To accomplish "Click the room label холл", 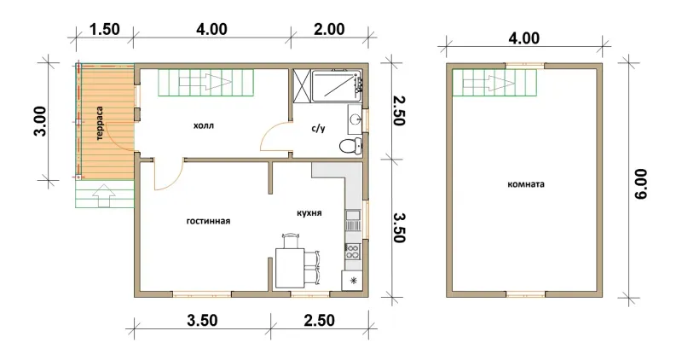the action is tap(204, 126).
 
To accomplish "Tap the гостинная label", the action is tap(208, 221).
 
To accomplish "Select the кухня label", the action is tap(309, 213).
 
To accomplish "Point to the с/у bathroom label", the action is tap(318, 129).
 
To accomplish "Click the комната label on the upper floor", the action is tap(526, 184).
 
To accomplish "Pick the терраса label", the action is tap(100, 123).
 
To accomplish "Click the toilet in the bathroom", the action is tap(350, 145).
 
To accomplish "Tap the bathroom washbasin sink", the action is tap(355, 119).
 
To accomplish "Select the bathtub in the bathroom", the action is tap(337, 86).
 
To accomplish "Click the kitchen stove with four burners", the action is tap(352, 251).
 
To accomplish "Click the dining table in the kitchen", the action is tap(290, 268).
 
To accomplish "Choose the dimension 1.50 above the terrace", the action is tap(105, 29).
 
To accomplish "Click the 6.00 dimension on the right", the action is tap(641, 183).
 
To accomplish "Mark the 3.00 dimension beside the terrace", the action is tap(40, 121).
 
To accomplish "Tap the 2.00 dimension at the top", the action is tap(329, 29).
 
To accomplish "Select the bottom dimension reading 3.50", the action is tap(202, 321).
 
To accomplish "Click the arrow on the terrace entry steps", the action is tap(104, 195).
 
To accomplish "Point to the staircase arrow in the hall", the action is tap(205, 82).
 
